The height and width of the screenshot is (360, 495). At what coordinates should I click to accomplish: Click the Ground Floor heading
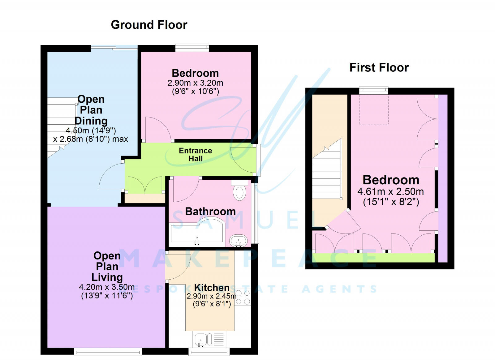tap(149, 25)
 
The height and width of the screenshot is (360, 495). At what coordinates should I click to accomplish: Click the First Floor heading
tap(379, 67)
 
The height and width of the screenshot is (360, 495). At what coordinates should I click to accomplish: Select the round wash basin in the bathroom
tap(238, 240)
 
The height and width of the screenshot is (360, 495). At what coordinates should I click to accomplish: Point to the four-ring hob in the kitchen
tap(243, 298)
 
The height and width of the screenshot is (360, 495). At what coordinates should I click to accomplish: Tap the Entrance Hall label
tap(196, 155)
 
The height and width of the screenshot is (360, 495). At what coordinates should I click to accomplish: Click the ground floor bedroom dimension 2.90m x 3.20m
tap(195, 83)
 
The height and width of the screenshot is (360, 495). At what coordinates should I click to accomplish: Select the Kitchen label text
tap(212, 288)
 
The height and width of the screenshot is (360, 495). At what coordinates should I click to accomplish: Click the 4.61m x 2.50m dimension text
tap(390, 191)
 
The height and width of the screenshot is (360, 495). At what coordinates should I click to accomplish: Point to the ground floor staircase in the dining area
tap(61, 127)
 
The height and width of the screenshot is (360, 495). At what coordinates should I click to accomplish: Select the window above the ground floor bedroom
tap(192, 48)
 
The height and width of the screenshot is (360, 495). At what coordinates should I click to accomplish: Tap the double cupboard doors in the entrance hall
tap(145, 185)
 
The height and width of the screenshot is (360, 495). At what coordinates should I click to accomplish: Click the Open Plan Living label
tap(107, 266)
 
